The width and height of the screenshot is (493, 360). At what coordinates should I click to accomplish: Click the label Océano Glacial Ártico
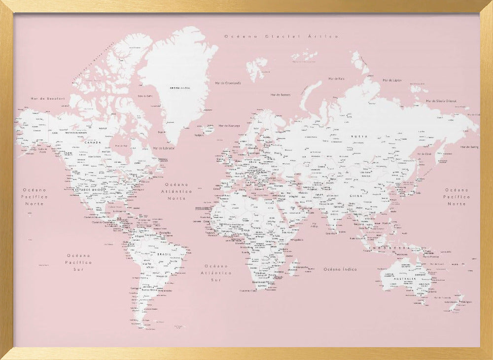pos(282,36)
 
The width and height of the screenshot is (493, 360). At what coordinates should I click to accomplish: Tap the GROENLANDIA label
pos(180,88)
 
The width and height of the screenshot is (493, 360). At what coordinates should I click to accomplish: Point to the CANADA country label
pos(93,143)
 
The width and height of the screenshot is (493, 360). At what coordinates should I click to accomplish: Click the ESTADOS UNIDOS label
pos(89,189)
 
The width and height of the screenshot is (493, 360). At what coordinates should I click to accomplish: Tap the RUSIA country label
pos(358,136)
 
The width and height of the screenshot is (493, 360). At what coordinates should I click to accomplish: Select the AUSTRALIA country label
pos(404,279)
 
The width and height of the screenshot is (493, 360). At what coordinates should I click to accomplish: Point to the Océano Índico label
pos(340,269)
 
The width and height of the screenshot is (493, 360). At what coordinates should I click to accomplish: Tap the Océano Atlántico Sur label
pos(218,272)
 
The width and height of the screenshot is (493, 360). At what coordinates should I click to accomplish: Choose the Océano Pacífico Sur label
pos(79,262)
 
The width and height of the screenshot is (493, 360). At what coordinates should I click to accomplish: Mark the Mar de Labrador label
pos(164,148)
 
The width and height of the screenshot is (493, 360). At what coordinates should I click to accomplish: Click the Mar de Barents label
pos(281,95)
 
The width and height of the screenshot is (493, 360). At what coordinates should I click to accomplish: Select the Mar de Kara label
pos(337,79)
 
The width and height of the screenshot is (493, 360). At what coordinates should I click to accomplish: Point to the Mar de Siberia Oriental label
pos(441,101)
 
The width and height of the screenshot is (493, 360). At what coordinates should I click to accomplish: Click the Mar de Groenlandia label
pos(228,83)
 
